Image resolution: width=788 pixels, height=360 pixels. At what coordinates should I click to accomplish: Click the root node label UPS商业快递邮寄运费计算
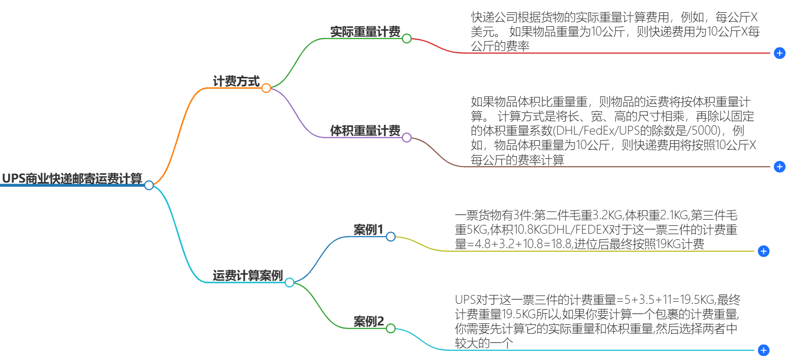(72, 178)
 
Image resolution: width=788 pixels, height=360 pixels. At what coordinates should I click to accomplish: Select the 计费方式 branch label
(236, 81)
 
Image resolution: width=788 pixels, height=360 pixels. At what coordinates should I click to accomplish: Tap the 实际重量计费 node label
(365, 31)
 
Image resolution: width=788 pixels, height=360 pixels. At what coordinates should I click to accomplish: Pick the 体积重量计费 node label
(365, 131)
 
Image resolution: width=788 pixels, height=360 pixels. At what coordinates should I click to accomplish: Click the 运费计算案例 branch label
(248, 275)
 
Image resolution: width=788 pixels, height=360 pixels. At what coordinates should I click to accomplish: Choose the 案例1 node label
(368, 230)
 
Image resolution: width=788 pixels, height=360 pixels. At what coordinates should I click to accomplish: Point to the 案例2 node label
(368, 321)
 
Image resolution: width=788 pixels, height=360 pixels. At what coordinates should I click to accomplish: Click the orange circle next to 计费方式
(266, 88)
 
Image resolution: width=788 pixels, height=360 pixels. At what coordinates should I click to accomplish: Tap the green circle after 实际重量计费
(406, 39)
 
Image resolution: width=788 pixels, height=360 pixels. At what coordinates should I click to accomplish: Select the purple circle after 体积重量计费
(406, 138)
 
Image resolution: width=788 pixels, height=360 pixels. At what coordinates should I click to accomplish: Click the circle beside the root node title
(149, 185)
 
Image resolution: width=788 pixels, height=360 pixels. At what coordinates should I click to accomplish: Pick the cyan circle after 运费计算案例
(289, 283)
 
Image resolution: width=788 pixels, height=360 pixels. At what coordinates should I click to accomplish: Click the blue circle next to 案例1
(390, 237)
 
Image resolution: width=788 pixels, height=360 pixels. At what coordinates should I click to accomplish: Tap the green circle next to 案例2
(390, 329)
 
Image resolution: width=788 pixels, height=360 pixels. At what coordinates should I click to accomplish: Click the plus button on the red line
(779, 53)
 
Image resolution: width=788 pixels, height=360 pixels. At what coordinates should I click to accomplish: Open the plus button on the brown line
(779, 167)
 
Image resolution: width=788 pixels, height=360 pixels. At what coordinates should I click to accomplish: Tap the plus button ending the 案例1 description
(764, 251)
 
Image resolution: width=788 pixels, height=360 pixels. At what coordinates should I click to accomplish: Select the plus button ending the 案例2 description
(764, 350)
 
